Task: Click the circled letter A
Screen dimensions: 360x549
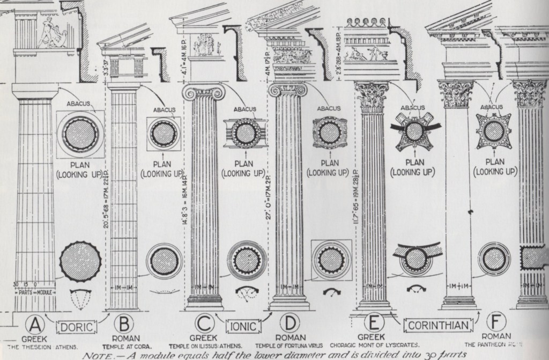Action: coord(36,325)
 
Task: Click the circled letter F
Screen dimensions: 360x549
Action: coord(496,324)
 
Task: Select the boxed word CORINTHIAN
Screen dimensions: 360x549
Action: coord(436,325)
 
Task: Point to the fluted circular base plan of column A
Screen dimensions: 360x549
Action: coord(80,261)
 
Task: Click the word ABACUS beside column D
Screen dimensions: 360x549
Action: coord(328,108)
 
